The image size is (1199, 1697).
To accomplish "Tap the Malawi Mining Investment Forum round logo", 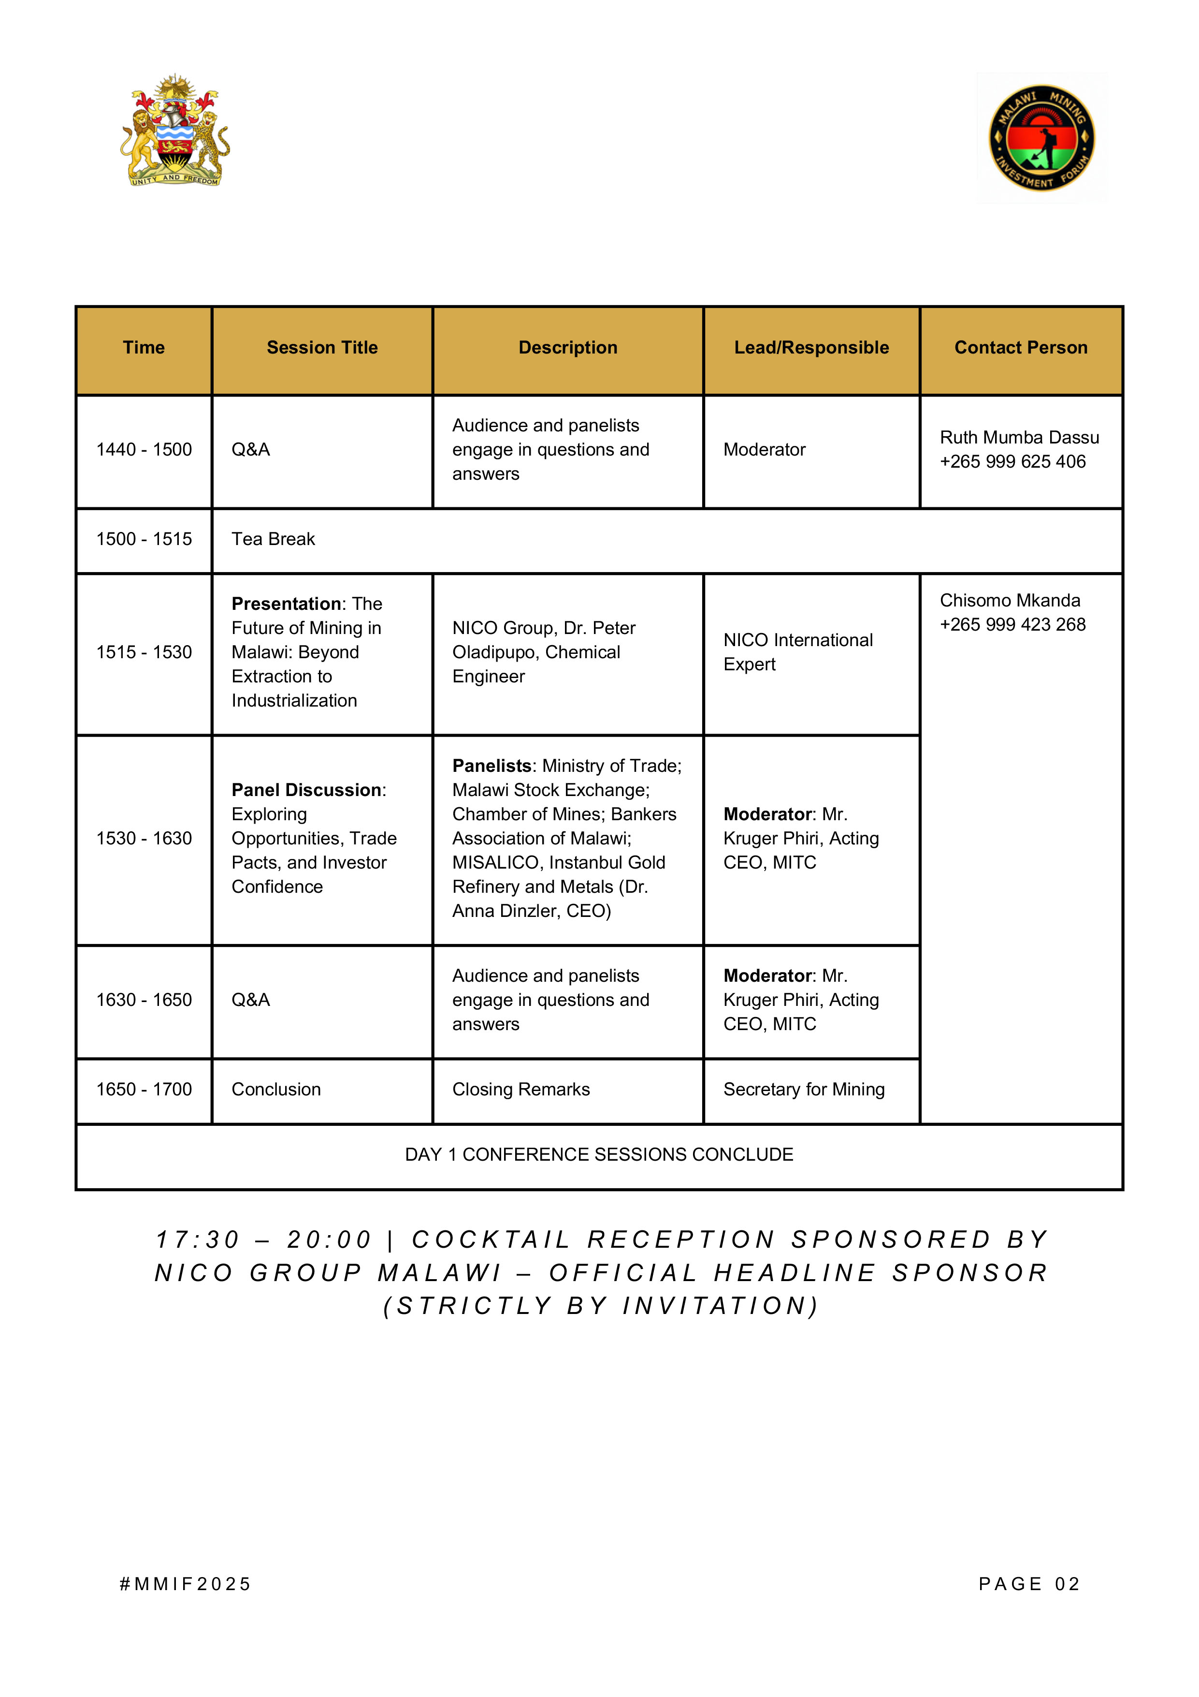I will click(1041, 138).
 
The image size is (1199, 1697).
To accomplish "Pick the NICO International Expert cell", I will click(798, 652).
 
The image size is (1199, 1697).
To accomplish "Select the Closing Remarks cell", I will click(521, 1090).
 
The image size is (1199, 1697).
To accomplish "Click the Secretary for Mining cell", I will click(804, 1090).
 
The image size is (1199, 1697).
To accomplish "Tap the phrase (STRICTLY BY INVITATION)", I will click(600, 1306).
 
